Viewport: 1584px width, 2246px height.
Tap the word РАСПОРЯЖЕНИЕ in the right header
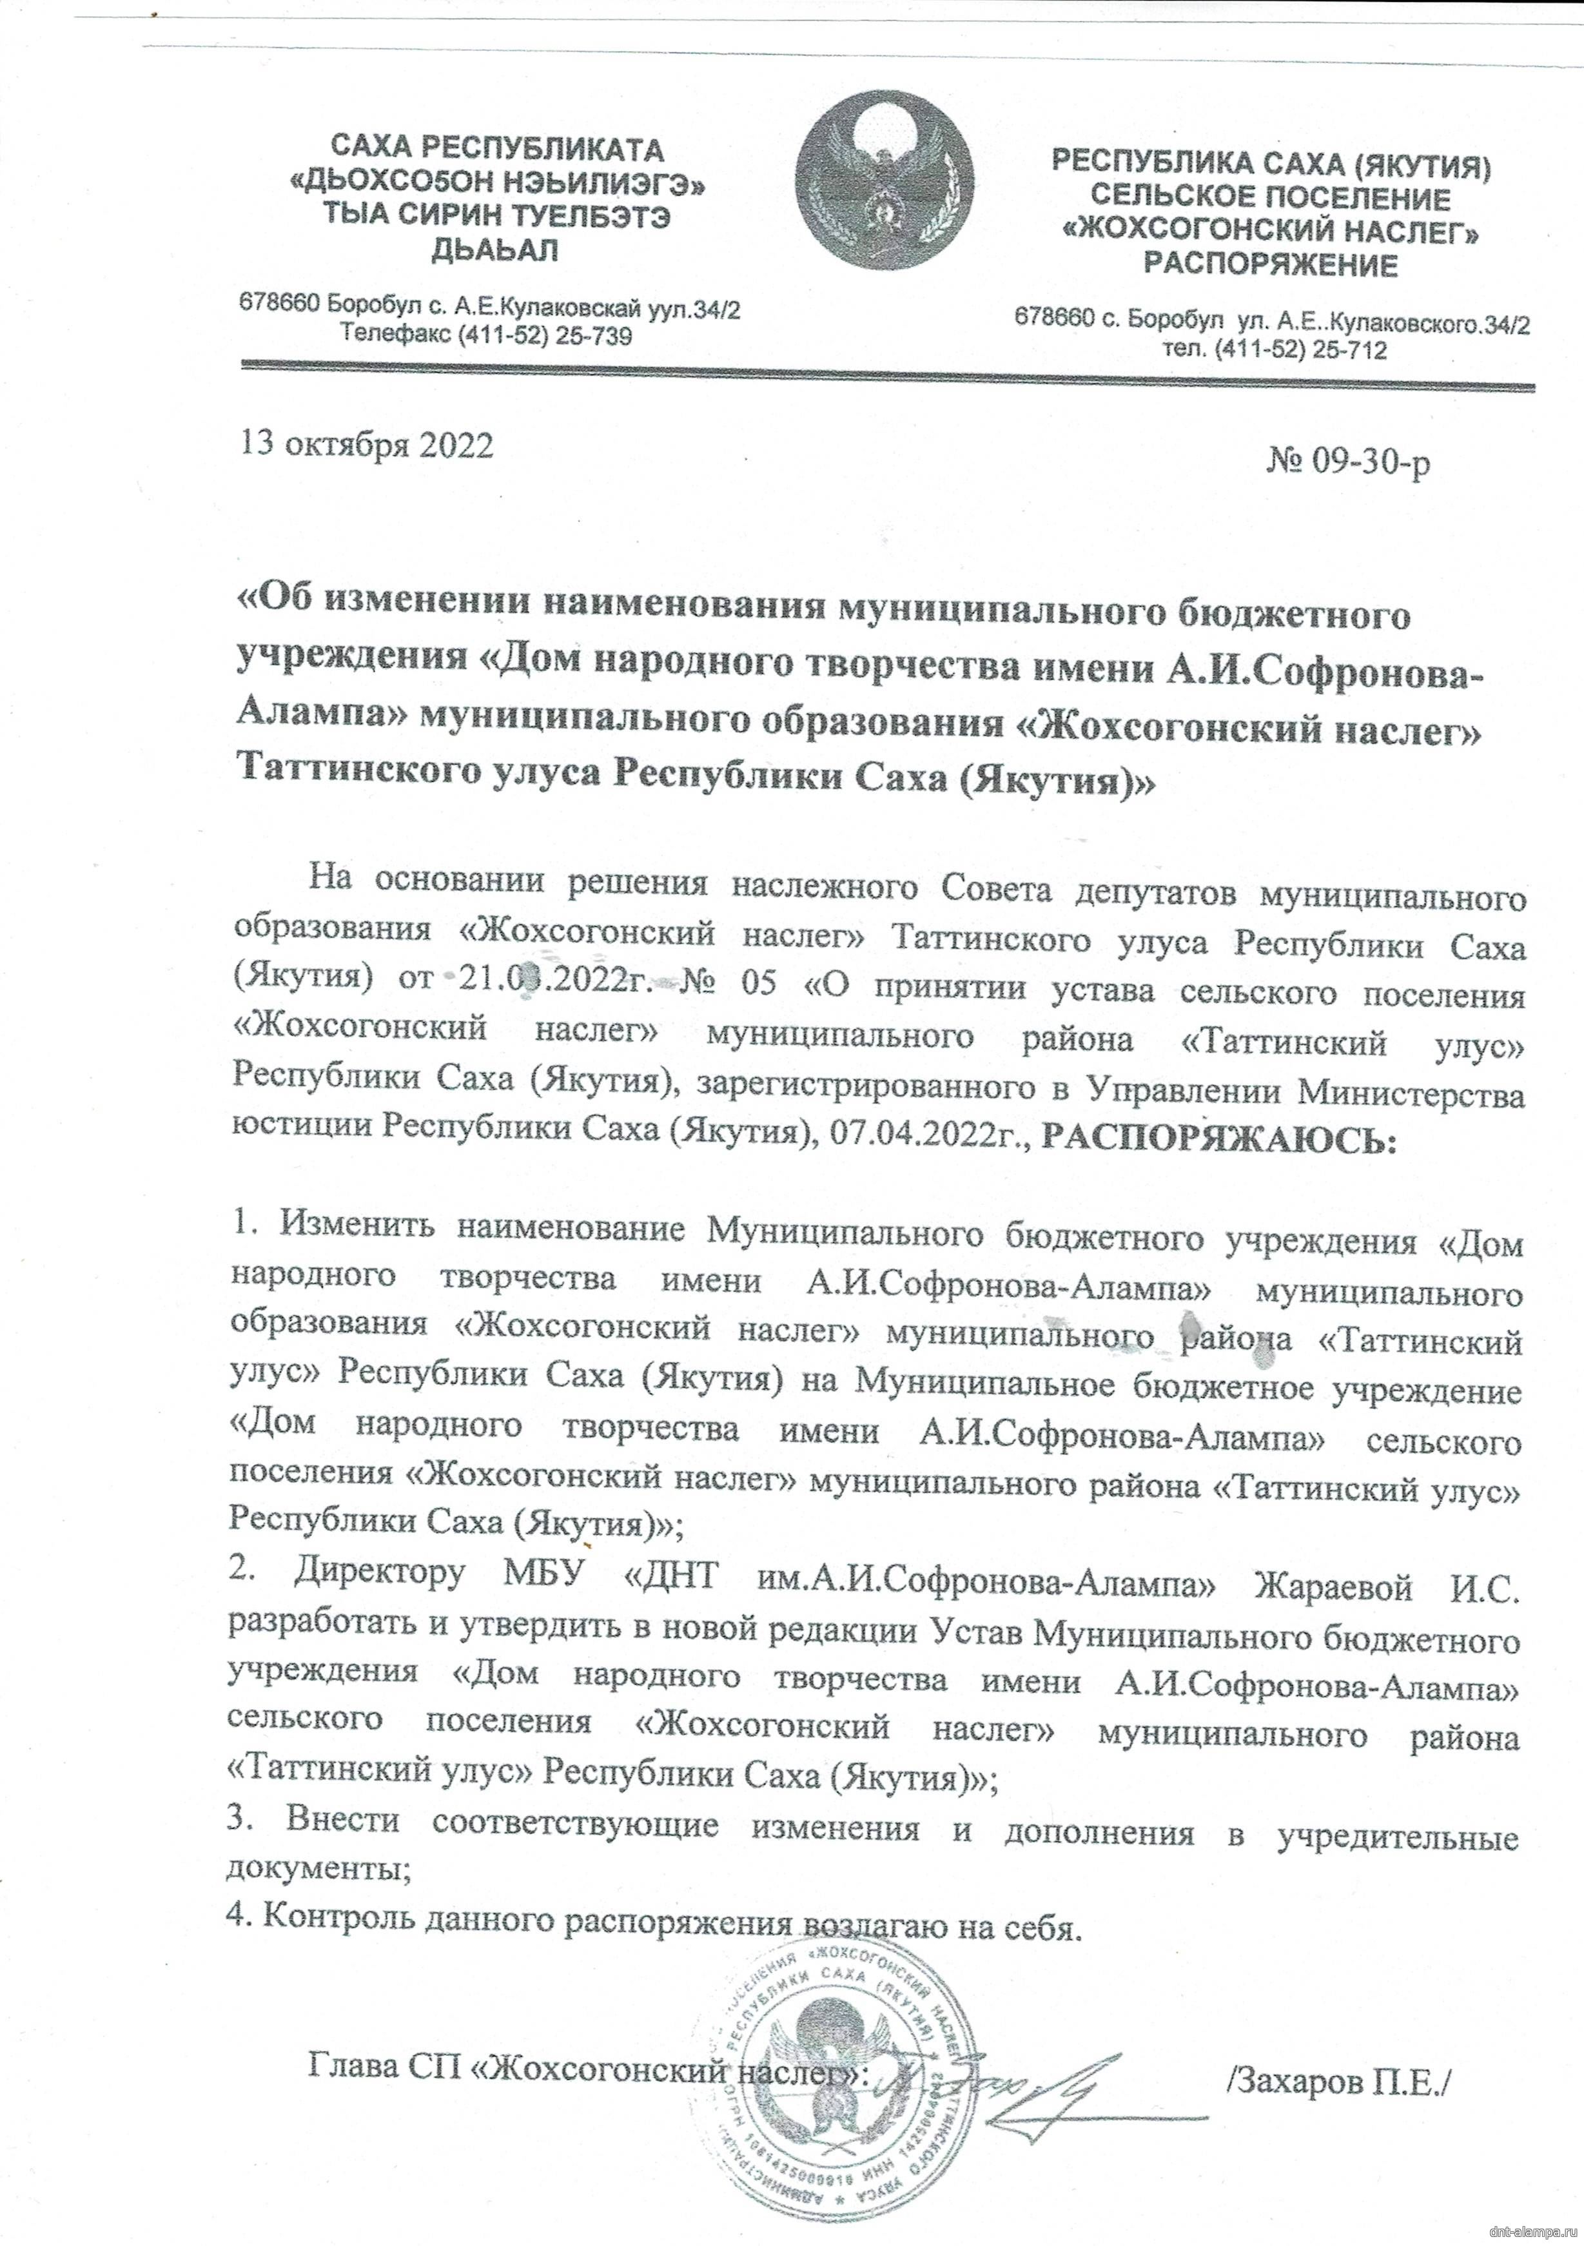[x=1272, y=265]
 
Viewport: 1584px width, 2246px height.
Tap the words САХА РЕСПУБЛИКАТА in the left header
[x=497, y=150]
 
